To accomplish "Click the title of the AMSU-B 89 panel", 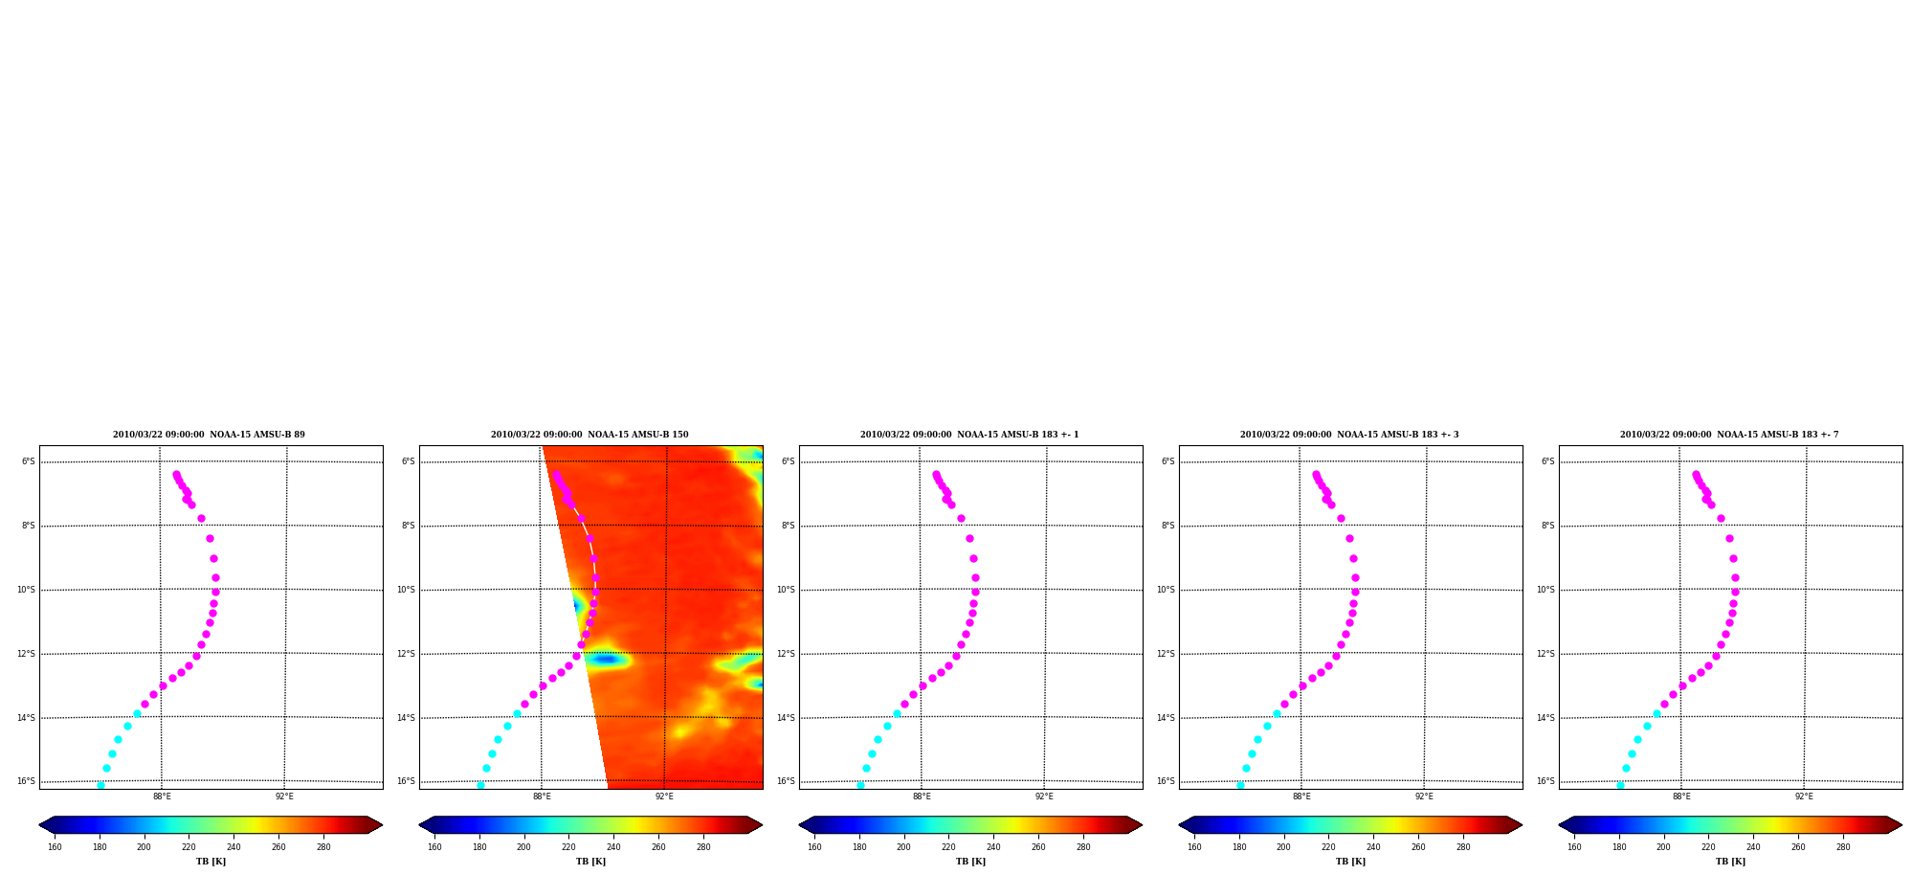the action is coord(209,435).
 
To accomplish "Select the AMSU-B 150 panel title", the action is coord(589,435).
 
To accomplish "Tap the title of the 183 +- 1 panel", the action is coord(969,435).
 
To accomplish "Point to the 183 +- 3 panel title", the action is coord(1349,435).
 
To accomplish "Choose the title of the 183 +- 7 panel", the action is coord(1729,435).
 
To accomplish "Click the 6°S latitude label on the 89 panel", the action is coord(29,461).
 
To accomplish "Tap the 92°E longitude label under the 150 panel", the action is coord(664,796).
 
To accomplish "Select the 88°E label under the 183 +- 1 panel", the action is coord(922,796).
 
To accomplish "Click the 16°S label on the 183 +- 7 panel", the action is coord(1545,781).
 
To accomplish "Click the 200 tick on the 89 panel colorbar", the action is coord(144,847).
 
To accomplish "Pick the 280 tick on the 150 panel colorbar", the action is coord(703,847).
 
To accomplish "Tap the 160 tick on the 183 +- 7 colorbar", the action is coord(1574,847).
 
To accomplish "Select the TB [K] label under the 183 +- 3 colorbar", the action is coord(1350,862).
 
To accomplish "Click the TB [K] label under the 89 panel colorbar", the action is coord(211,862).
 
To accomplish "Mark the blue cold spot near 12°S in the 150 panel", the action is coord(606,659).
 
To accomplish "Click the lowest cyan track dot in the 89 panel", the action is coord(100,785).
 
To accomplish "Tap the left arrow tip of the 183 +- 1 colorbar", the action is coord(799,825).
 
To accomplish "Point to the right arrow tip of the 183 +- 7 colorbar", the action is coord(1901,825).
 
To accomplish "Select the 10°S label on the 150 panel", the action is coord(407,590).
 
